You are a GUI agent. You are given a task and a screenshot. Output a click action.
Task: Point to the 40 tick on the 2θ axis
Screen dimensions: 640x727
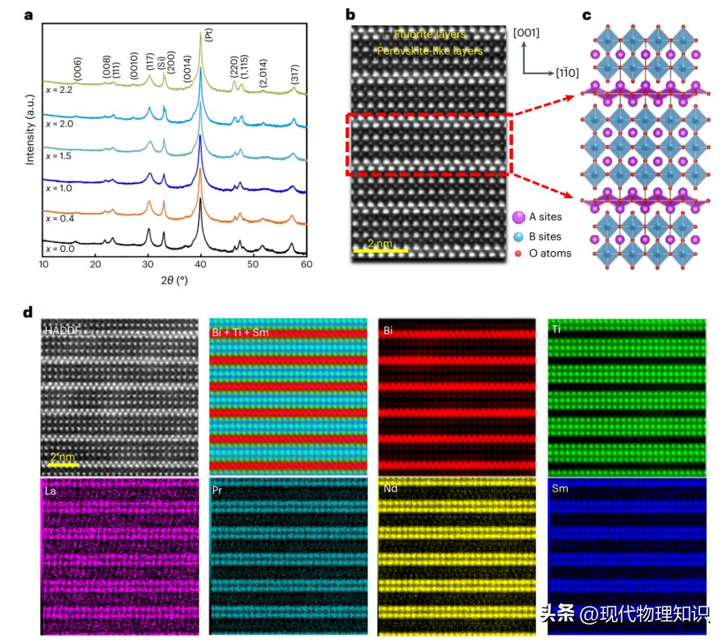pos(201,264)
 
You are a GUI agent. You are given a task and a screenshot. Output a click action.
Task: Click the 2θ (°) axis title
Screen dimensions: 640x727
pos(174,280)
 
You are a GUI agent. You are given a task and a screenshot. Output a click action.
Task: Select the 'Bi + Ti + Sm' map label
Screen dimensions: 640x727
pos(240,331)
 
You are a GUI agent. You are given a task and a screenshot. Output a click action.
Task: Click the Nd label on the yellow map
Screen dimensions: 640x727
pos(390,490)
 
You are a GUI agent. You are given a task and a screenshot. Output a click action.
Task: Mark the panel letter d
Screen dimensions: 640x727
pos(28,313)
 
